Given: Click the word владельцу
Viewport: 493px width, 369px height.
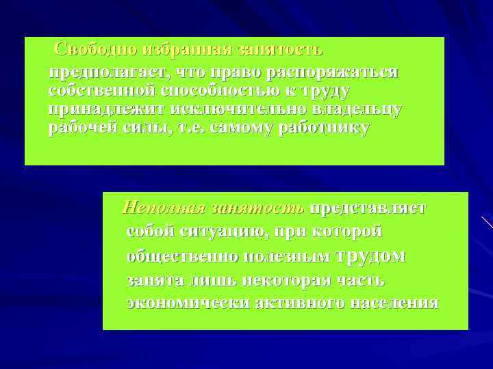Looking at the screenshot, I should tap(355, 109).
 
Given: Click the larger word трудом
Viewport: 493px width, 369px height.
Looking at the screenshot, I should tap(372, 256).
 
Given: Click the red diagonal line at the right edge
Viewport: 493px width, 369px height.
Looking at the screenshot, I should tap(487, 222).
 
